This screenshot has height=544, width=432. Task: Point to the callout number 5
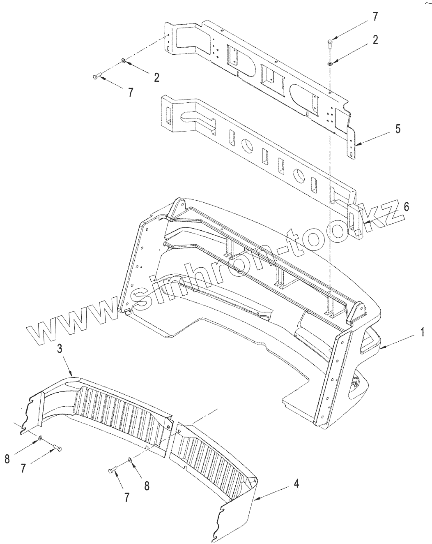pos(398,129)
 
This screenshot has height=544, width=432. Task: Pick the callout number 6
pos(406,207)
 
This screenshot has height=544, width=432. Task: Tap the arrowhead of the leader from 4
pos(256,499)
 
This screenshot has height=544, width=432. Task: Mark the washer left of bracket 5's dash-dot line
pos(123,62)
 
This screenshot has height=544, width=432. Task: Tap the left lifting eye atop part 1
pos(179,204)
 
